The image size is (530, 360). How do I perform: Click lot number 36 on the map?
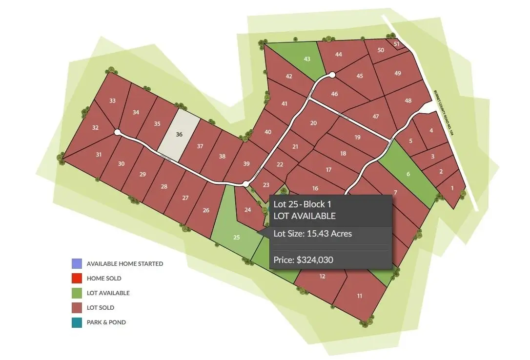coord(179,134)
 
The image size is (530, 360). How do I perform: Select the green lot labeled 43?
coord(307,59)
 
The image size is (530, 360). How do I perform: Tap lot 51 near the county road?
coord(397,44)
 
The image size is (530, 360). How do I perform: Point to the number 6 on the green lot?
coord(408,174)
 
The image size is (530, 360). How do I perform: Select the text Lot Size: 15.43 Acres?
coord(313,234)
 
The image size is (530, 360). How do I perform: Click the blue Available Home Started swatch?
coord(77,264)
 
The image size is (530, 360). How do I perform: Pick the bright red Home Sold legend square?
coord(77,279)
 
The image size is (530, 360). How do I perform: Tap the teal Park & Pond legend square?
coord(77,322)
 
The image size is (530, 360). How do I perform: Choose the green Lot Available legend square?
coord(77,293)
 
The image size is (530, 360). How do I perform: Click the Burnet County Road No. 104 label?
coord(444,112)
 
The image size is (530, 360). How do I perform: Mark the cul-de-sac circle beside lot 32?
coord(117,132)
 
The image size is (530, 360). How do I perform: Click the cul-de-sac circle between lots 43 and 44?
coord(332,75)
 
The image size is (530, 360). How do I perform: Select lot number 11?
coord(360,296)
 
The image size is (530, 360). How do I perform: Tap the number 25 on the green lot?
coord(237,238)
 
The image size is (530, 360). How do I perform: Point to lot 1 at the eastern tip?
coord(452,188)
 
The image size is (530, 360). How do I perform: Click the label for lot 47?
coord(375,117)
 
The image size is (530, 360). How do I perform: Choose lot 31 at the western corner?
coord(99,155)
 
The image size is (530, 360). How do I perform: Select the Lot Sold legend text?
coord(100,308)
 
